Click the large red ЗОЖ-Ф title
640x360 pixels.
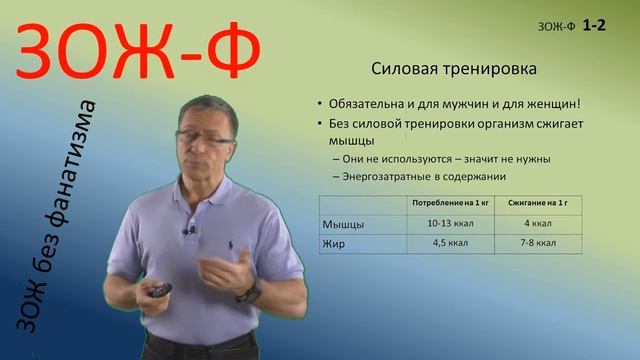click(x=140, y=52)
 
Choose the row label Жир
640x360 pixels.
click(x=334, y=242)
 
